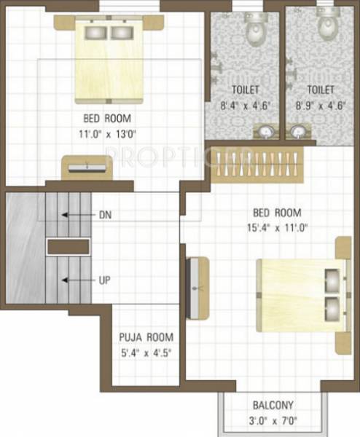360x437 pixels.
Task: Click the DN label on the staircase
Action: pos(106,215)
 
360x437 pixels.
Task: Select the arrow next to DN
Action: pos(77,215)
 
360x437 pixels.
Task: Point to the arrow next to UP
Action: pos(77,280)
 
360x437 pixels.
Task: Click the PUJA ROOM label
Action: pos(146,337)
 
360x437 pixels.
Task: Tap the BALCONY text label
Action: pos(273,404)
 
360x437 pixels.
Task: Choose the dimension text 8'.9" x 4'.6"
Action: pos(320,105)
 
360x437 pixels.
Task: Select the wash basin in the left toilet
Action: pos(267,131)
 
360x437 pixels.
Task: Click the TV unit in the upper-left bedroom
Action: pos(88,167)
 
